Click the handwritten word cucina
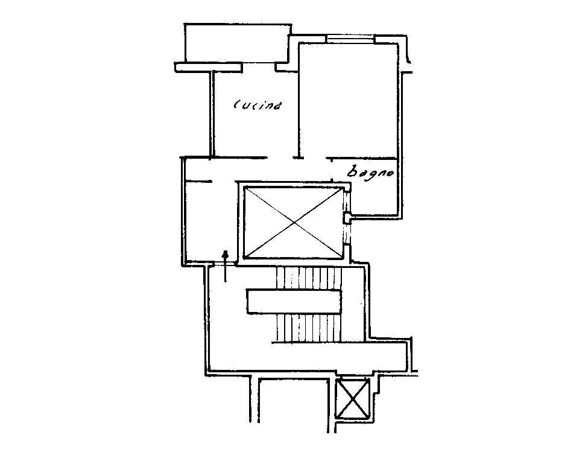(258, 105)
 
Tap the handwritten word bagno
(370, 172)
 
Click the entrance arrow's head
(226, 254)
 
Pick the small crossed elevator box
(353, 398)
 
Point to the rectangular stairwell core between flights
(294, 302)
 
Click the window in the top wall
(350, 39)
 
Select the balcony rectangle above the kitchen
(238, 43)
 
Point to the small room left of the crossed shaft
(210, 221)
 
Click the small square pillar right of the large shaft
(347, 218)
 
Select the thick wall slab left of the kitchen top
(208, 67)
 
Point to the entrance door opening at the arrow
(222, 264)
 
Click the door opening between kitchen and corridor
(280, 157)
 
